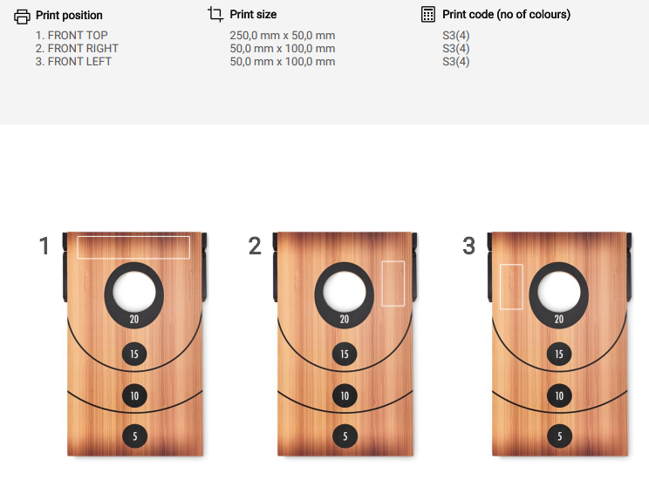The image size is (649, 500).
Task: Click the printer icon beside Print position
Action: tap(22, 17)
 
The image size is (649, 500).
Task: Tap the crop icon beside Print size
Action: tap(215, 14)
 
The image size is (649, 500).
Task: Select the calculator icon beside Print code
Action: tap(428, 14)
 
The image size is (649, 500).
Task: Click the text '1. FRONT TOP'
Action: tap(72, 36)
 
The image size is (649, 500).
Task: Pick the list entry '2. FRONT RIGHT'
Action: tap(77, 49)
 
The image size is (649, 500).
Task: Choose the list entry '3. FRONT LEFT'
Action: tap(73, 62)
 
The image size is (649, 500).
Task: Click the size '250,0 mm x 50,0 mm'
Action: tap(283, 36)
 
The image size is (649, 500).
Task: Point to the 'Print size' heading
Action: tap(253, 15)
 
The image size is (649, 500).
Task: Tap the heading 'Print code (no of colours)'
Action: tap(507, 15)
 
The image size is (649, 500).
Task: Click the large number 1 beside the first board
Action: tap(44, 246)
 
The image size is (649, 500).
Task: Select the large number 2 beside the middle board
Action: tap(255, 246)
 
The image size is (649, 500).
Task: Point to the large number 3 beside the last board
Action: tap(469, 246)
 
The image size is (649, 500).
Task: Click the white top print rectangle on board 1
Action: tap(133, 237)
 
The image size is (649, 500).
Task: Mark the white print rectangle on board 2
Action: tap(382, 283)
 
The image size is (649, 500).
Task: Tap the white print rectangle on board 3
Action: tap(501, 287)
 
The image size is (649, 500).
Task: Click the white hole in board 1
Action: tap(134, 292)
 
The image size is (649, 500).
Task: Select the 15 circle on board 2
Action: tap(345, 355)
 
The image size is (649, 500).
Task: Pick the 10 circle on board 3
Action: tap(559, 395)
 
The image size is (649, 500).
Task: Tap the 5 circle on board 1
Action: tap(135, 436)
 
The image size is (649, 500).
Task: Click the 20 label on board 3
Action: tap(559, 319)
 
